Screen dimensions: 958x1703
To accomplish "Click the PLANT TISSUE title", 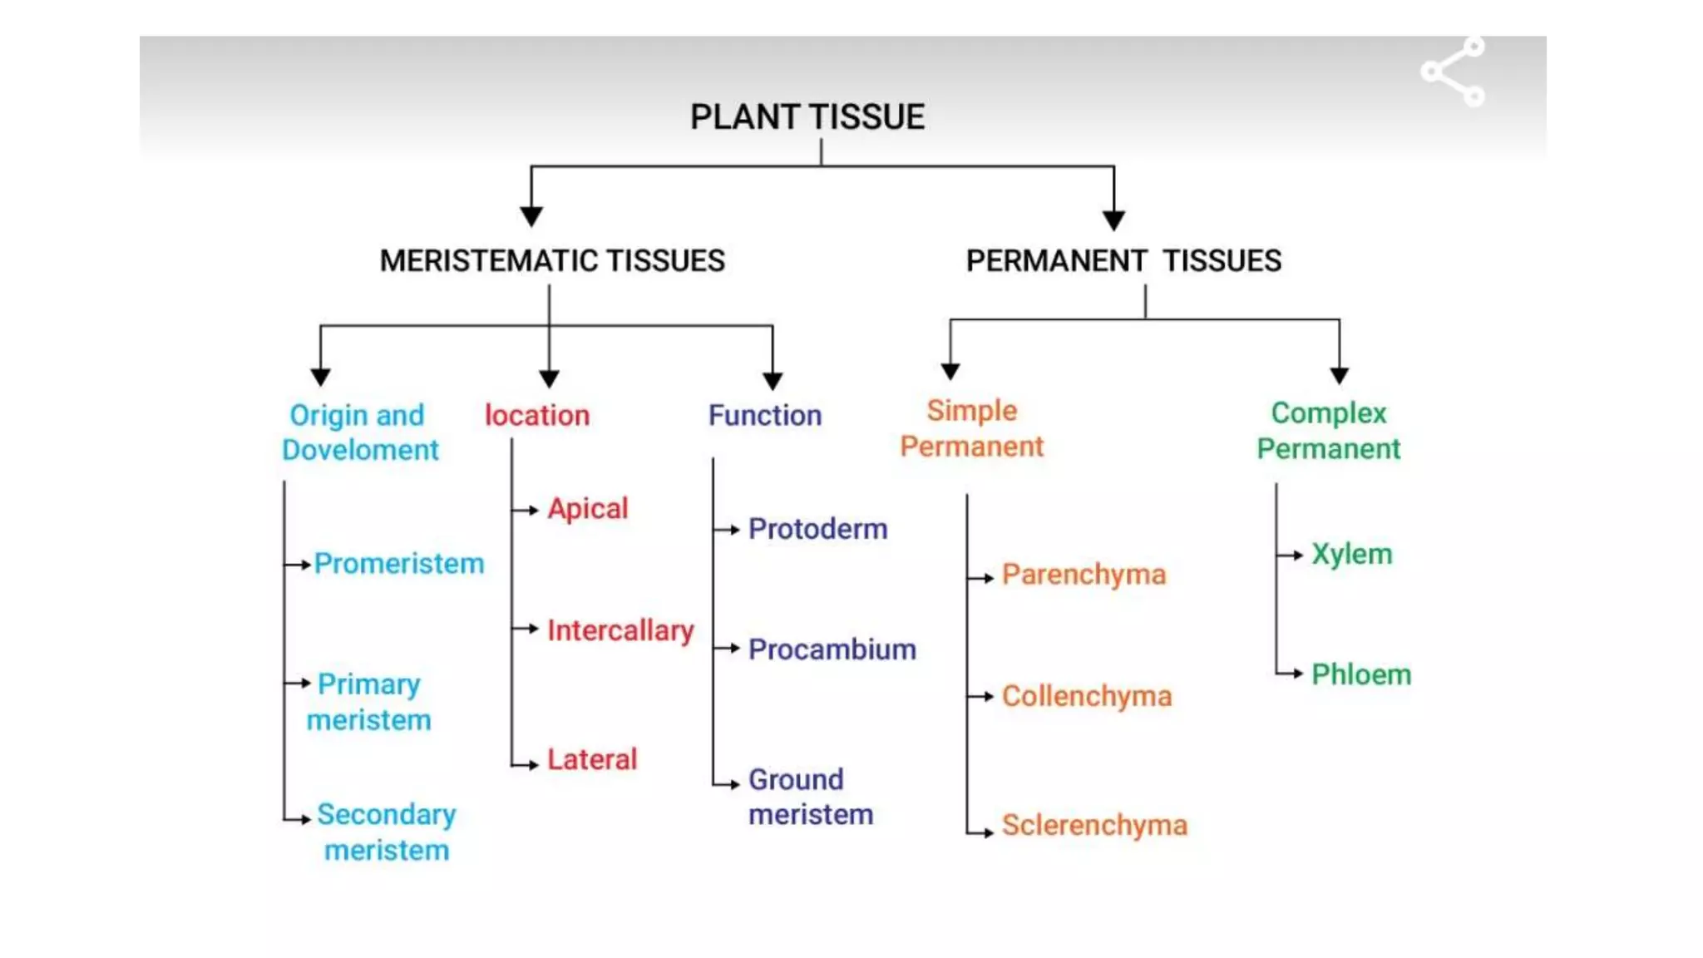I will click(x=807, y=116).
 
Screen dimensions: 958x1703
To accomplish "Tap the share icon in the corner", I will click(x=1452, y=72).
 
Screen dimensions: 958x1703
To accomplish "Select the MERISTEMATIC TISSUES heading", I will click(x=552, y=261).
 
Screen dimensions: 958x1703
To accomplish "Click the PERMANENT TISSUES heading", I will click(x=1123, y=261).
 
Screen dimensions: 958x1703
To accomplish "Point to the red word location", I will click(x=537, y=415).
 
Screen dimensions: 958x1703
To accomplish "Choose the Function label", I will click(x=764, y=415).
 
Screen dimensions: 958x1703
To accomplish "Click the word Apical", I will click(x=587, y=508).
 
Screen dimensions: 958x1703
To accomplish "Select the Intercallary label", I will click(x=620, y=630).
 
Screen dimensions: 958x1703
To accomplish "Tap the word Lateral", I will click(x=591, y=758).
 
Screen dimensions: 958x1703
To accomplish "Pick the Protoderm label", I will click(x=817, y=529).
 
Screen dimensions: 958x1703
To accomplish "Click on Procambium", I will click(x=832, y=649).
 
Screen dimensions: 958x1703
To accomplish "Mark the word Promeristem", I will click(x=399, y=564).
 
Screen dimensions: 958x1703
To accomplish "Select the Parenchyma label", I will click(x=1084, y=575).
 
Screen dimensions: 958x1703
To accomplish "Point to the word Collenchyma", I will click(x=1086, y=696).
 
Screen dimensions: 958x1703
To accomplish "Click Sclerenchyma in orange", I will click(x=1094, y=825).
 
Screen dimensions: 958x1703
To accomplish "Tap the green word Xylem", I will click(x=1351, y=554).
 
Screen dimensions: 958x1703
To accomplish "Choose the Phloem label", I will click(x=1361, y=674).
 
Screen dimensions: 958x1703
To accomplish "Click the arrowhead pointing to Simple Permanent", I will click(x=950, y=371).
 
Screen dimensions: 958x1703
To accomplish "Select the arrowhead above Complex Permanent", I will click(x=1339, y=375).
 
